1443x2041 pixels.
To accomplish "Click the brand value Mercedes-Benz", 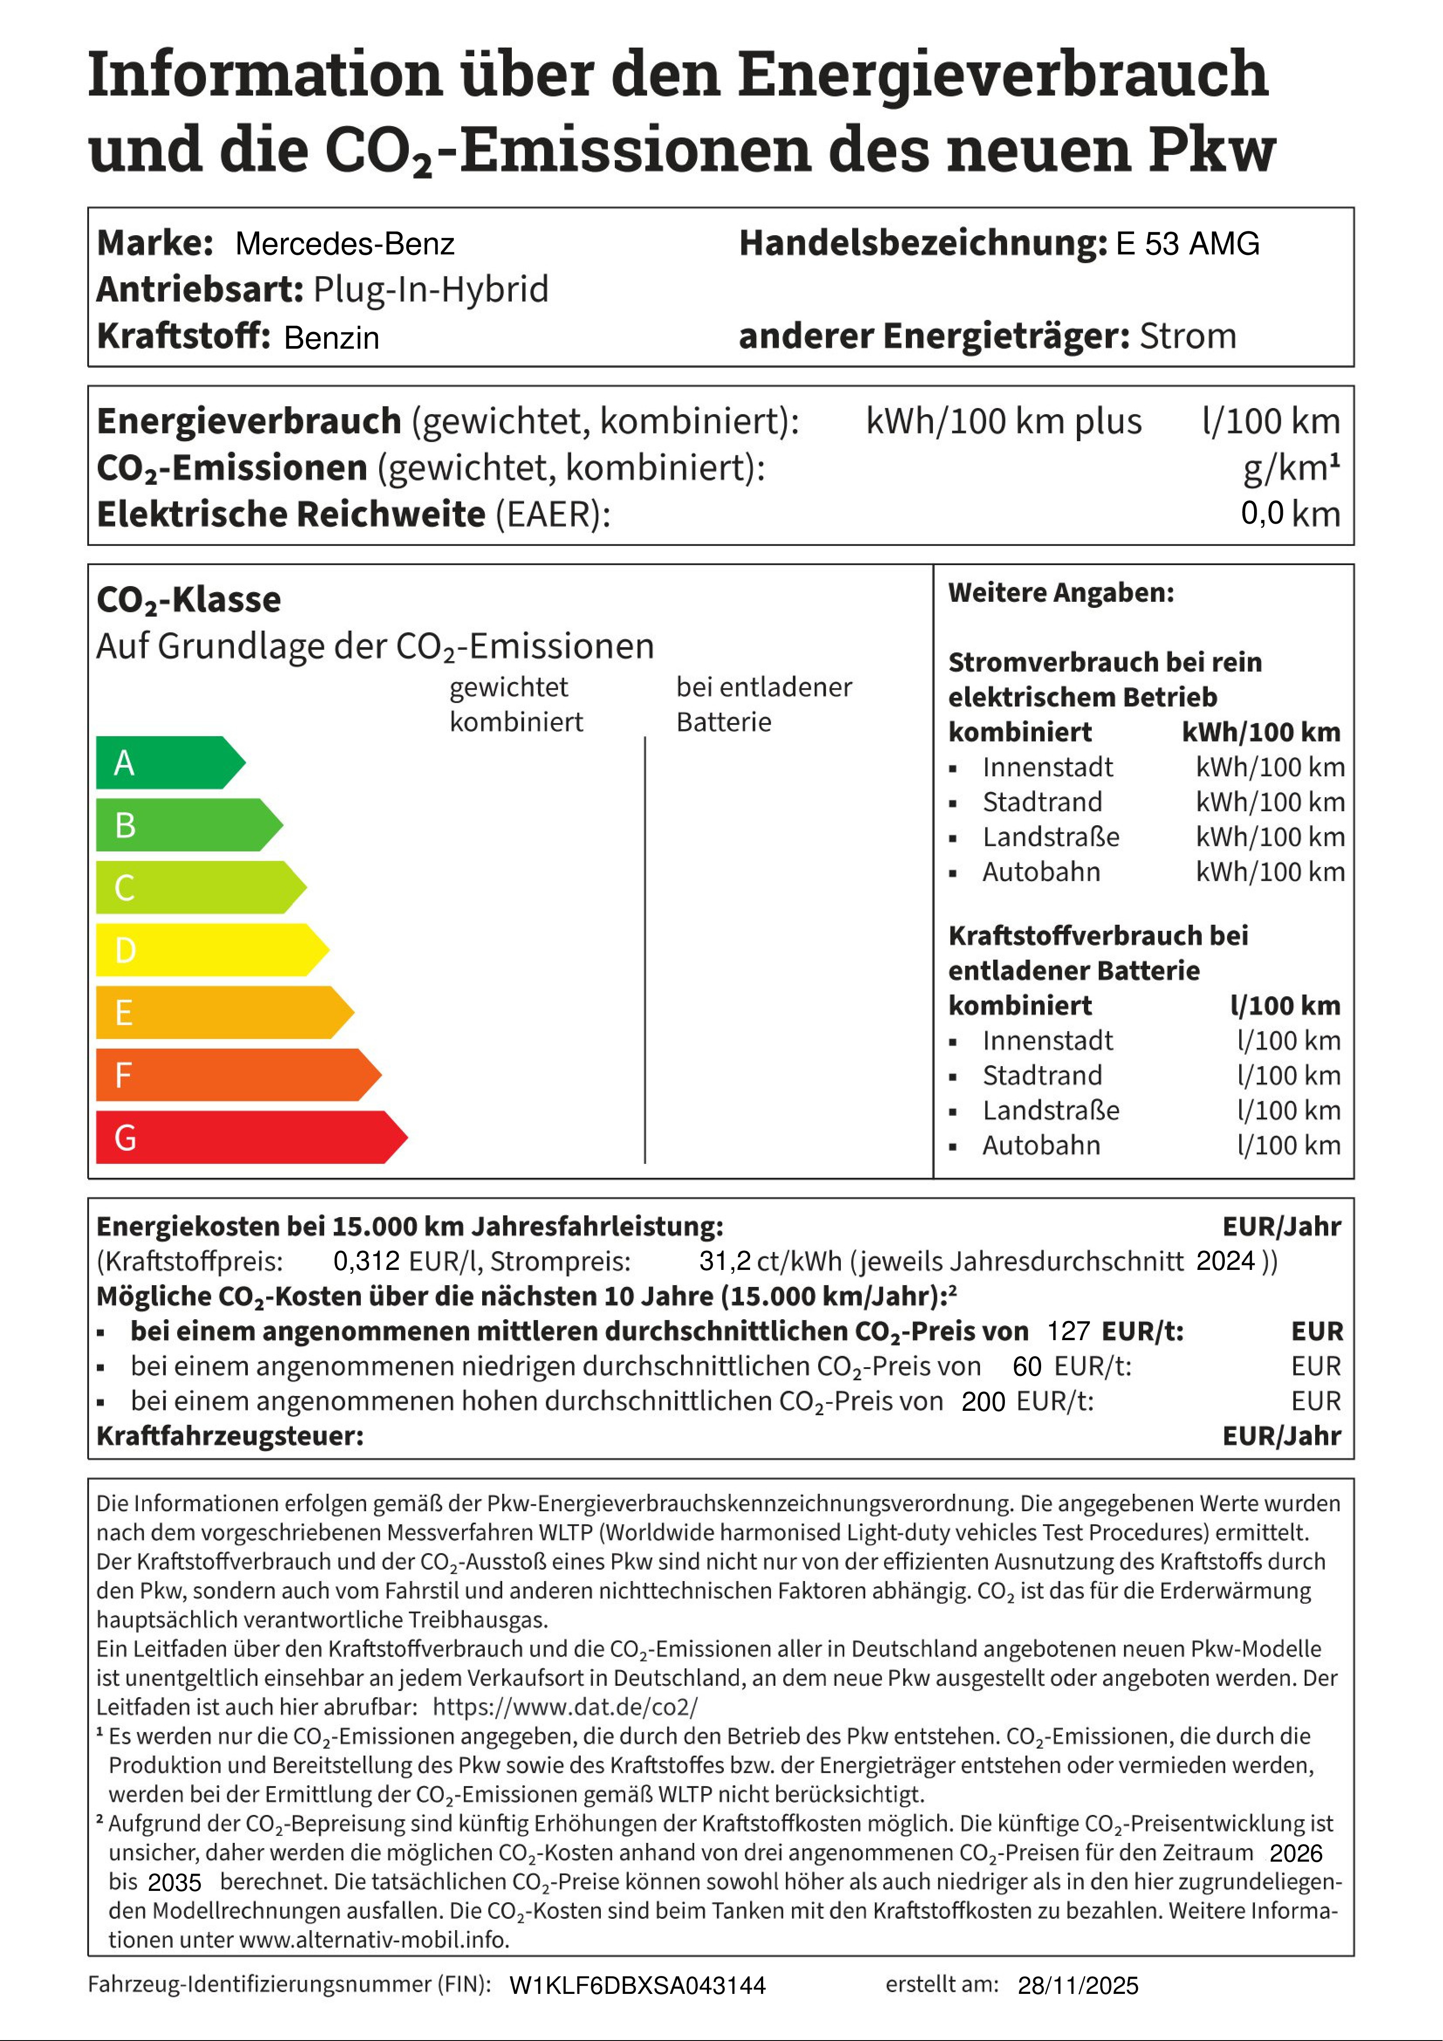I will pos(345,244).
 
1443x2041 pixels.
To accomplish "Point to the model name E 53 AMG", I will pos(1187,244).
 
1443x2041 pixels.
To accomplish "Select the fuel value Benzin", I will pos(332,338).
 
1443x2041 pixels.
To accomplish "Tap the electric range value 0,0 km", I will pos(1290,514).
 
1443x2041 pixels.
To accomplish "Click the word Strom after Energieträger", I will pos(1188,336).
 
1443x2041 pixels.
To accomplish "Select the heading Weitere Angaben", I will pos(1061,593).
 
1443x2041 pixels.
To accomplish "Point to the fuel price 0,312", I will pos(366,1260).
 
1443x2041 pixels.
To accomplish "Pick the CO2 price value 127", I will pos(1068,1331).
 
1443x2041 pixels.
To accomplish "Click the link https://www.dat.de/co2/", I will pos(566,1707).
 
